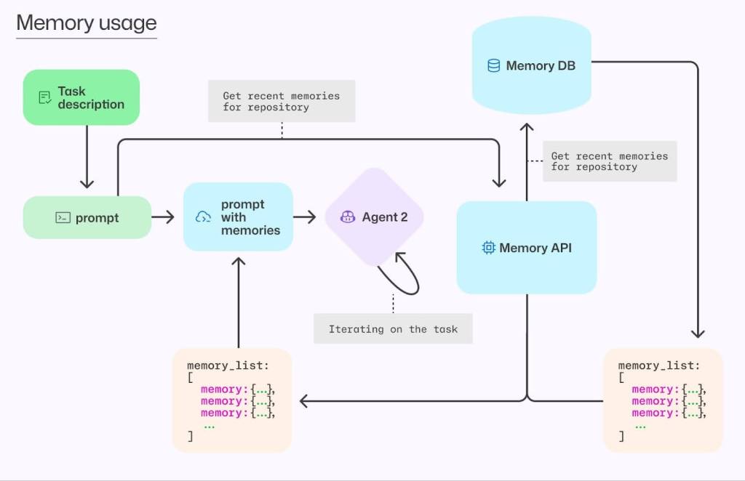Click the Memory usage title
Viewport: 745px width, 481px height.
coord(86,23)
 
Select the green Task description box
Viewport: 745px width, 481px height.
coord(81,97)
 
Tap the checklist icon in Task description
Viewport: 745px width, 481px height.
coord(45,97)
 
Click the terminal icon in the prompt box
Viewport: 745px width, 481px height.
coord(63,217)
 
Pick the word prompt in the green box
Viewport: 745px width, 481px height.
coord(97,218)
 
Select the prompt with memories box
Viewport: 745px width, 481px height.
coord(238,217)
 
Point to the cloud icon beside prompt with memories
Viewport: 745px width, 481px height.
coord(203,217)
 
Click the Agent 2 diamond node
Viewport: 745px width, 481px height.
coord(374,217)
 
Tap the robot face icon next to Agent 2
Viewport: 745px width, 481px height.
coord(348,217)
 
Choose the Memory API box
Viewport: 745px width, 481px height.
coord(526,248)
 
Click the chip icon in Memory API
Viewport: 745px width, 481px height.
coord(488,248)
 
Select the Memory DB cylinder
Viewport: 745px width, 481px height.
coord(531,66)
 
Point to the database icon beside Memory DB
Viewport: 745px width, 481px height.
coord(493,66)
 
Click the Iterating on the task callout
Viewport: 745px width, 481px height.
coord(393,329)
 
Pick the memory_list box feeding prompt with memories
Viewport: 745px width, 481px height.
coord(231,400)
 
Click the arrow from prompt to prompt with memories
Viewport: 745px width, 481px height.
coord(164,217)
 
